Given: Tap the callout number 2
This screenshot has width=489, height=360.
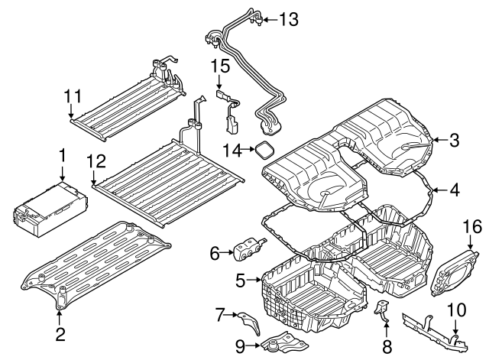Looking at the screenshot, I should (60, 333).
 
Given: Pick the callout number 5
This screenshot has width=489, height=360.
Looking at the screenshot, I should (241, 281).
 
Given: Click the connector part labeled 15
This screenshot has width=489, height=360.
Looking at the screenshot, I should (229, 107).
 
